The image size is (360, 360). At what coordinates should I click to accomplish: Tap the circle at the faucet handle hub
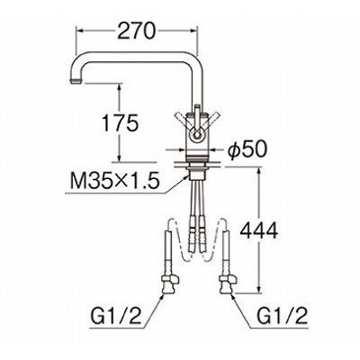(x=196, y=133)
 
